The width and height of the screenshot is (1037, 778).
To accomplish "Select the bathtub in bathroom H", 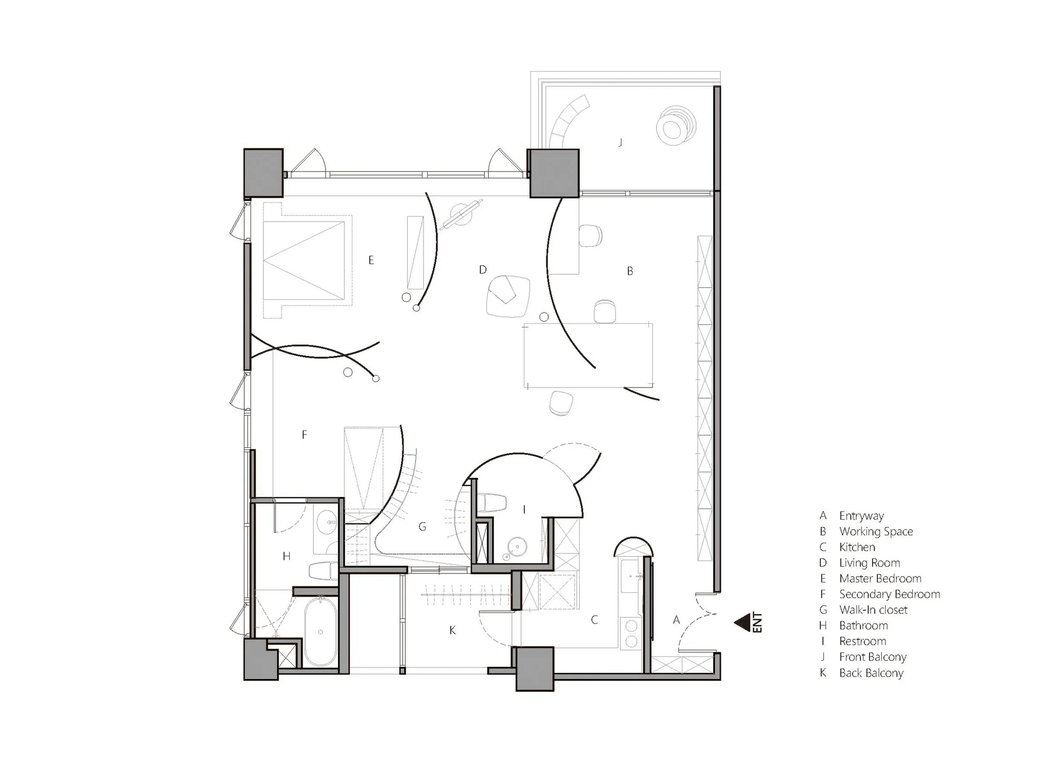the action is [x=320, y=631].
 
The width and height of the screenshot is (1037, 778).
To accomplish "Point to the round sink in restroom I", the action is [x=518, y=546].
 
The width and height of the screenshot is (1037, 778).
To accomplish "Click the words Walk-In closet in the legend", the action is [x=873, y=609].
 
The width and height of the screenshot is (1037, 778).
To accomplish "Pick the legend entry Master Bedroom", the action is [x=880, y=578].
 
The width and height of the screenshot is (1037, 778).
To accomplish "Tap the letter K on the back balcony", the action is [x=452, y=630].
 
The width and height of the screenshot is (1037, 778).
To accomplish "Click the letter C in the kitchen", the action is [x=595, y=620].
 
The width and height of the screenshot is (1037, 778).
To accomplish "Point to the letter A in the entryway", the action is [x=676, y=620].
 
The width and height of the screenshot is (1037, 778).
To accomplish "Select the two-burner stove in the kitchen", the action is [x=631, y=634].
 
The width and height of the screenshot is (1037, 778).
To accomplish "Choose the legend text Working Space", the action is [x=876, y=531].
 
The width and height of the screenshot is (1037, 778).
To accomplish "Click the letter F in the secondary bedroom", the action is [x=304, y=435].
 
